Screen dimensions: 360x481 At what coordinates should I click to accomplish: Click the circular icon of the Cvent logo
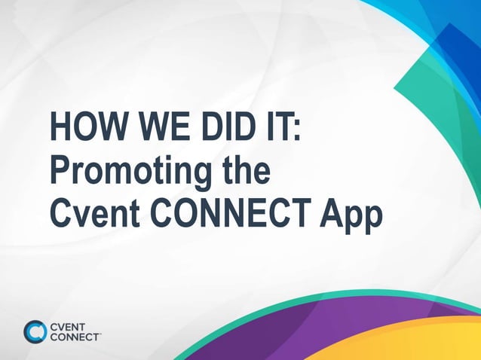35,331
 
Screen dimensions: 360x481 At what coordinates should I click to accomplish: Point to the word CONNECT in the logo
75,337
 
